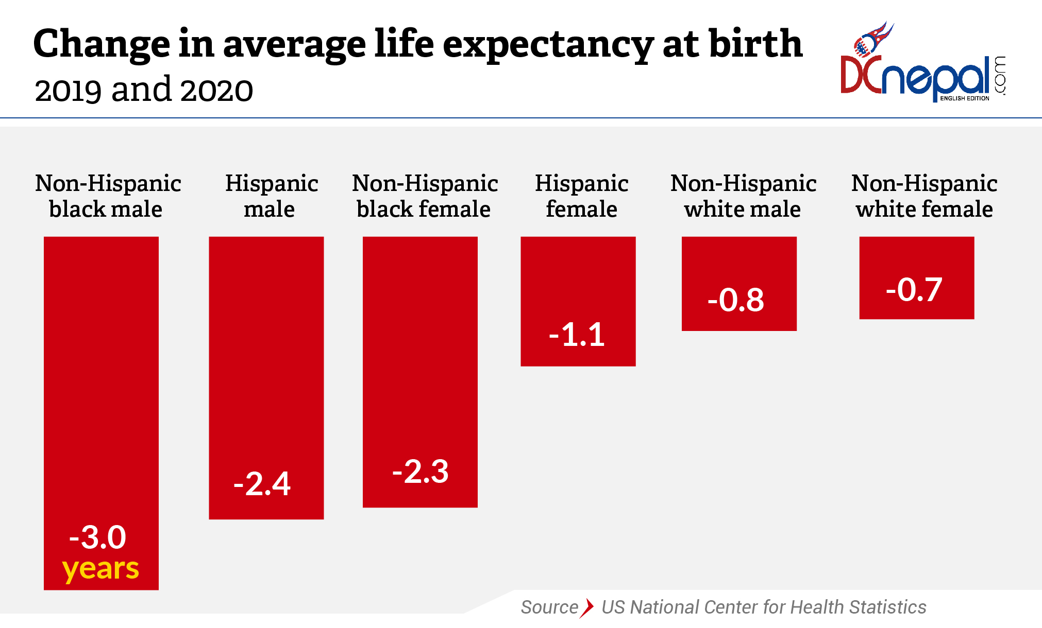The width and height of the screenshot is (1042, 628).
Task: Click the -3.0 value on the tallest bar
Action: [x=98, y=537]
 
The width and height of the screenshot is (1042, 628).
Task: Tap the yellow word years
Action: [x=100, y=569]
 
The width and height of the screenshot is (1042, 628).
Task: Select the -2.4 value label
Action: [x=262, y=484]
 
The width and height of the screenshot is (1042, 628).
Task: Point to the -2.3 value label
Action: [x=420, y=472]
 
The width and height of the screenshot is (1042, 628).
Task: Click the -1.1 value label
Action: [x=577, y=335]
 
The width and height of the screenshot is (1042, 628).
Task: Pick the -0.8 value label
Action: [x=735, y=300]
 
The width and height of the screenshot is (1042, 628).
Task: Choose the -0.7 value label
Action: [x=914, y=290]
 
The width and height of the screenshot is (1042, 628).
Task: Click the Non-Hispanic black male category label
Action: [x=107, y=196]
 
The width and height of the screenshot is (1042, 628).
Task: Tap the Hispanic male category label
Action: [x=271, y=196]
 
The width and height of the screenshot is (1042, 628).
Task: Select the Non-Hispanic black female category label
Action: [x=424, y=196]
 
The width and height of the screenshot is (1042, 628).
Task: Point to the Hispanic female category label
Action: [x=581, y=196]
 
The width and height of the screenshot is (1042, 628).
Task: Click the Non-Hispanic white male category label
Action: [x=743, y=196]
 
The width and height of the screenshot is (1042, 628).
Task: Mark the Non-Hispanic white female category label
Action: [x=924, y=196]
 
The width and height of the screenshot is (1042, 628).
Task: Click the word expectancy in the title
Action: [x=548, y=45]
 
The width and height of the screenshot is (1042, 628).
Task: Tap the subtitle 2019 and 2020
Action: [x=144, y=90]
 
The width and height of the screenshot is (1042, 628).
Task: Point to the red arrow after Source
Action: [x=586, y=607]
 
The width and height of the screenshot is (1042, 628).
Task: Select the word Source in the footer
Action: [x=549, y=607]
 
